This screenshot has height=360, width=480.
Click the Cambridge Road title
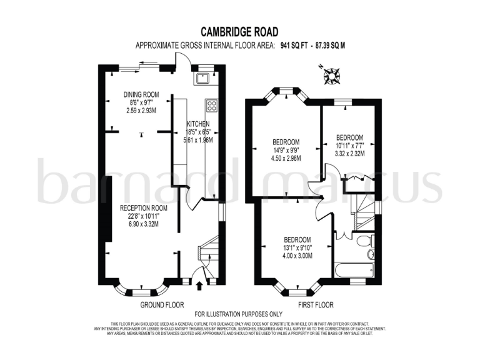coord(239,31)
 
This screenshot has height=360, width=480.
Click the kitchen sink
coord(203,78)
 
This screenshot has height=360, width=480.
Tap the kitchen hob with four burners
coord(211,105)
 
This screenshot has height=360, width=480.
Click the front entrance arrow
coord(200,286)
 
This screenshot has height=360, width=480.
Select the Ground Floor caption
coord(162,305)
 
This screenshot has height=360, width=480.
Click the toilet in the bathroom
coord(369,241)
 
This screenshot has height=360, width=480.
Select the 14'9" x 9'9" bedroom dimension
coord(287,149)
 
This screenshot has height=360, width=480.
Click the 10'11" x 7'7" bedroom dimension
coord(349,146)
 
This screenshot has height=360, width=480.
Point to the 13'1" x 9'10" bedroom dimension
coord(297,247)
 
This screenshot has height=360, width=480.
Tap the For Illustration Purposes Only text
coord(239,314)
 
